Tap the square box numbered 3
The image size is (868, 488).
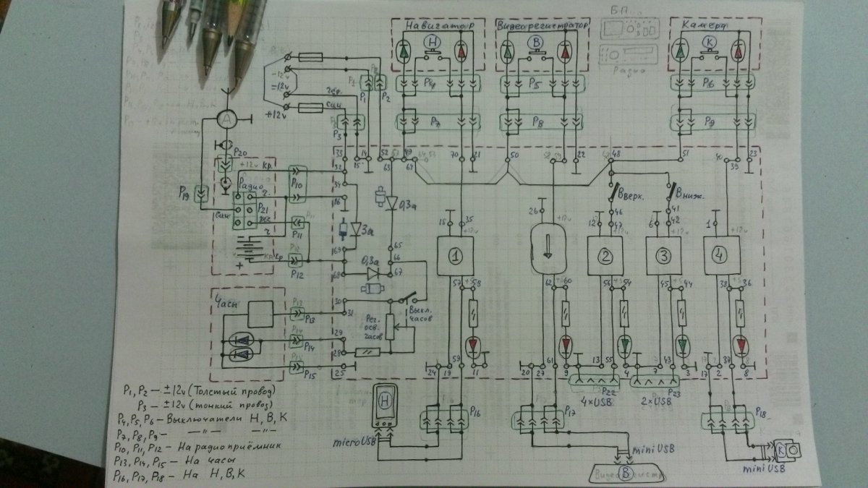click(x=662, y=255)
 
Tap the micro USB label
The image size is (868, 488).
click(x=353, y=440)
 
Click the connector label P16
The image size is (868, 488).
click(x=475, y=410)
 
